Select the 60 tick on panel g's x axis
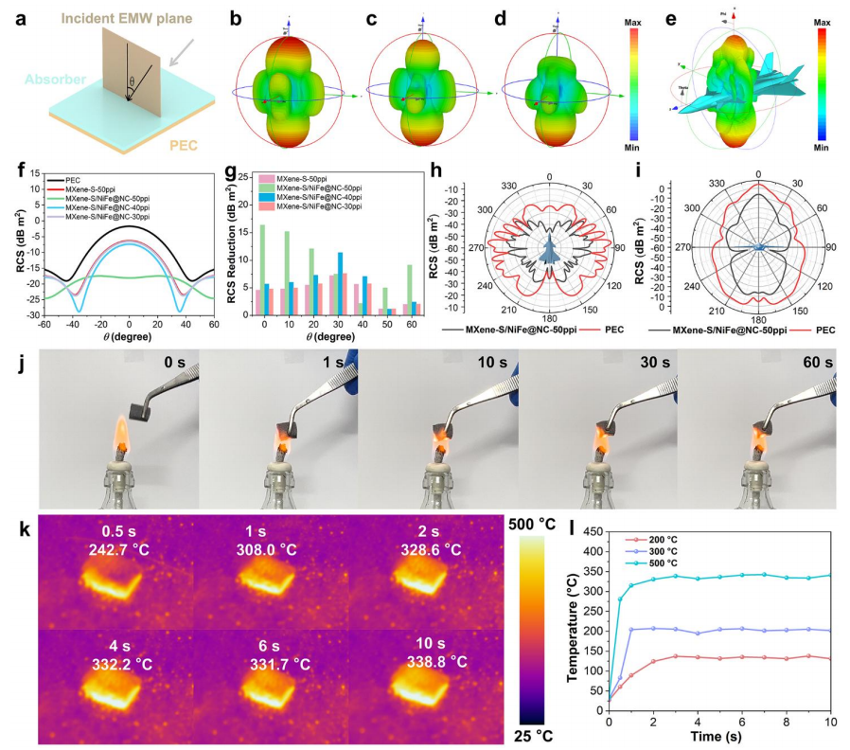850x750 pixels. pos(408,325)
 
